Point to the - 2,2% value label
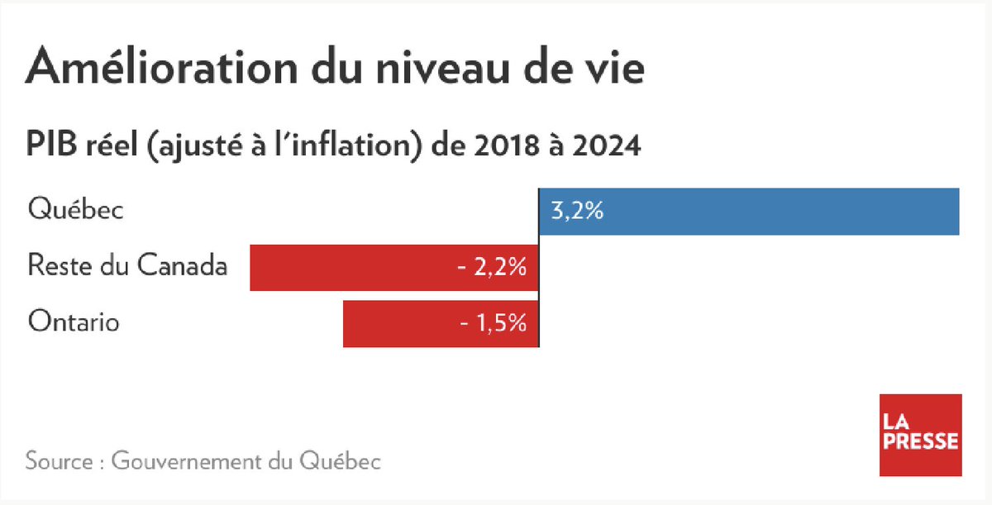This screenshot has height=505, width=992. coord(493,268)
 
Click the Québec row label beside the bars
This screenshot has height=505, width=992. coord(75,210)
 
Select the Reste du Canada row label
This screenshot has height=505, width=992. coord(126,266)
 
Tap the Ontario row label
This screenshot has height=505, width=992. coord(73,322)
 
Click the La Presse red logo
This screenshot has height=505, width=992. coord(920,435)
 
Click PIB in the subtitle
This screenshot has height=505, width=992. coord(49,145)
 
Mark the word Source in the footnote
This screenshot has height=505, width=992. coord(58,460)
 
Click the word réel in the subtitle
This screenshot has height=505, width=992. coord(104,145)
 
